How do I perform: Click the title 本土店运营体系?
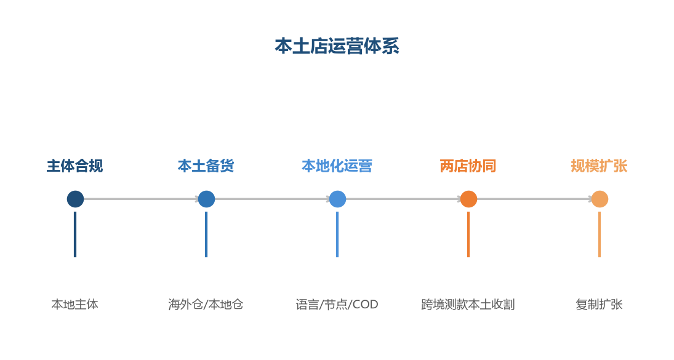pos(337,46)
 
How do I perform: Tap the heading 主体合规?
pos(75,166)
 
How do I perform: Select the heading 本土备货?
pos(206,166)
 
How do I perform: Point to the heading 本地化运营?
pos(337,166)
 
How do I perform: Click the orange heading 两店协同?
pos(468,166)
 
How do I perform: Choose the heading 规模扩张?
pos(599,166)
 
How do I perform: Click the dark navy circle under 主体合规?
pos(75,199)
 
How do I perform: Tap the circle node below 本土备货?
pos(206,199)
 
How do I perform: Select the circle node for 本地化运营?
pos(337,199)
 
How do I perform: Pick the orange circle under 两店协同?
pos(468,199)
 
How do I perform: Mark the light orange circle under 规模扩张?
pos(600,199)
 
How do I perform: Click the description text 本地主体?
pos(75,305)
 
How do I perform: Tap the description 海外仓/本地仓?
pos(206,305)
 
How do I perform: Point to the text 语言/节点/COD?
pos(337,305)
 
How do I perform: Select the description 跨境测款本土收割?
pos(468,305)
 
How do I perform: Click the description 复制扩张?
pos(599,305)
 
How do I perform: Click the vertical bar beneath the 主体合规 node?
pos(75,234)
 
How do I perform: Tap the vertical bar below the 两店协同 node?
pos(468,234)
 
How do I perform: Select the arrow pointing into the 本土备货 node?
pos(141,199)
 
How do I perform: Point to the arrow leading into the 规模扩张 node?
pos(535,199)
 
